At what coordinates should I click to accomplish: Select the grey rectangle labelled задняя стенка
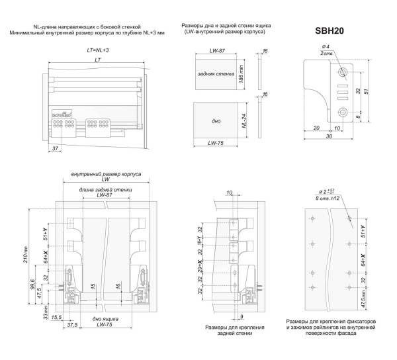[x=214, y=75]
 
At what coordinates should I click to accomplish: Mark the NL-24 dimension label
[x=244, y=121]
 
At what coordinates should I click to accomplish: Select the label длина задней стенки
[x=104, y=189]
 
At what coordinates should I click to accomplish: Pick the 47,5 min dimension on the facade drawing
[x=363, y=297]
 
